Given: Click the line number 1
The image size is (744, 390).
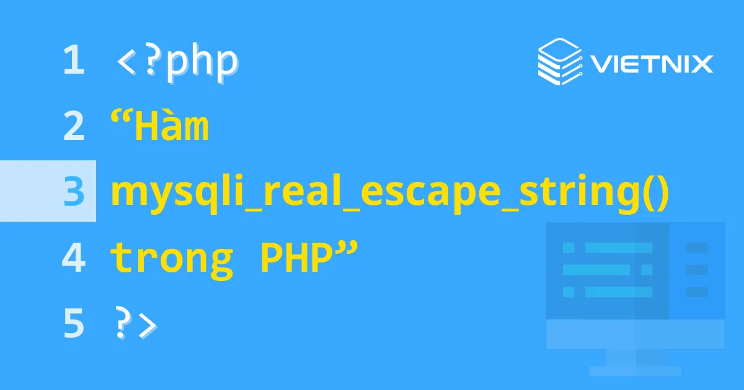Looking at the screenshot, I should pos(73,62).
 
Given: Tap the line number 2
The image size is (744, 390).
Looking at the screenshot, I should pos(73,128).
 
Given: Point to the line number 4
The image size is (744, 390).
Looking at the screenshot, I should pos(73,259).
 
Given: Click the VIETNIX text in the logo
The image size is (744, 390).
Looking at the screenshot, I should pos(650,63).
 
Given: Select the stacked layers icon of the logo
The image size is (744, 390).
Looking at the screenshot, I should pos(557,61).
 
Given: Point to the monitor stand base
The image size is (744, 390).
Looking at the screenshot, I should pos(635,371).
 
